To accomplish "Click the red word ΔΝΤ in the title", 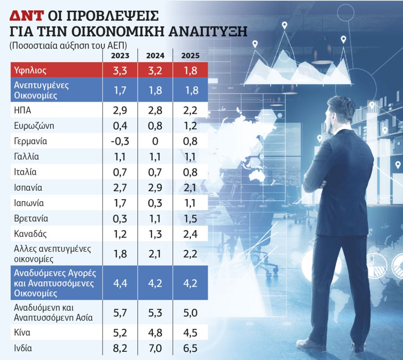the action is pyautogui.click(x=26, y=16).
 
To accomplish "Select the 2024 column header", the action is pyautogui.click(x=155, y=56).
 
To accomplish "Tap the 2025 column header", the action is pyautogui.click(x=190, y=56).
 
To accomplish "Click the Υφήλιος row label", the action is pyautogui.click(x=30, y=70).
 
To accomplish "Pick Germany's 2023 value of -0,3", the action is pyautogui.click(x=120, y=141).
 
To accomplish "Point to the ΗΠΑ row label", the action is pyautogui.click(x=22, y=110).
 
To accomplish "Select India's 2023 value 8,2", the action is pyautogui.click(x=120, y=348).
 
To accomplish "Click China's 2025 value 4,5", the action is pyautogui.click(x=190, y=332).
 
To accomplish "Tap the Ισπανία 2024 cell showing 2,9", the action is pyautogui.click(x=155, y=188).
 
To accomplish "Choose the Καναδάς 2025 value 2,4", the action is pyautogui.click(x=190, y=234).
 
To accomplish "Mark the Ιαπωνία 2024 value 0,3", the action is pyautogui.click(x=155, y=203).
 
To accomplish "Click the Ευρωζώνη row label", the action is pyautogui.click(x=34, y=126).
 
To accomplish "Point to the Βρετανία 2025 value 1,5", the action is pyautogui.click(x=190, y=218).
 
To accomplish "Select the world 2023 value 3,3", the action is pyautogui.click(x=120, y=70).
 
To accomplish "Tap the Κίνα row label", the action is pyautogui.click(x=22, y=332).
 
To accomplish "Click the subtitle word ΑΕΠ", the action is pyautogui.click(x=116, y=46).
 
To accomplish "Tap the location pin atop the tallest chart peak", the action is pyautogui.click(x=284, y=25).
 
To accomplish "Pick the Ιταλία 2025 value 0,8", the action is pyautogui.click(x=190, y=172).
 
